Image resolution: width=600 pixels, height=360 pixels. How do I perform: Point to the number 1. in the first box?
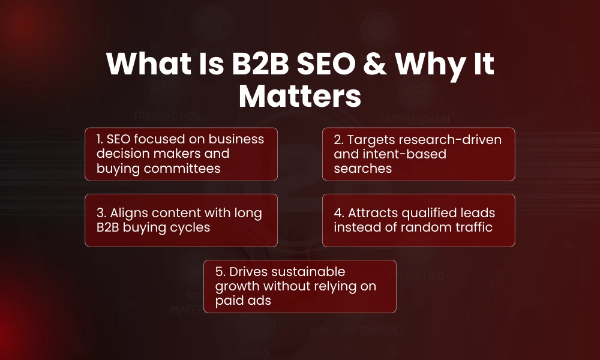[x=100, y=139]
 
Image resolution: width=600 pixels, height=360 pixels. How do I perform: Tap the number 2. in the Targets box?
[x=339, y=139]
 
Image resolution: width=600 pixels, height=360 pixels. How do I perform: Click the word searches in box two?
[x=362, y=168]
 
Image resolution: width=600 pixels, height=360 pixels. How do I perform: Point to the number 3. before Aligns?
[x=101, y=213]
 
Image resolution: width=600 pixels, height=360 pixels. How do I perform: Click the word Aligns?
[x=131, y=213]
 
